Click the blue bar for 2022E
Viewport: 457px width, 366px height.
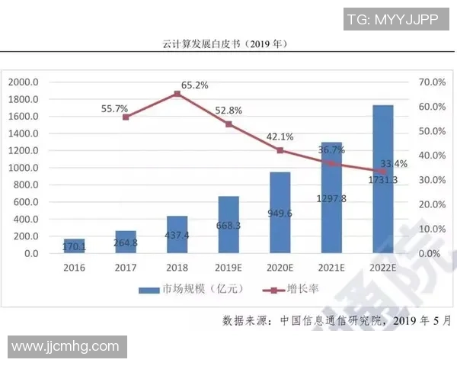point(383,178)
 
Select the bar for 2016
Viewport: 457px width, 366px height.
point(75,246)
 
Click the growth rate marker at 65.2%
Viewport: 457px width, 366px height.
point(177,94)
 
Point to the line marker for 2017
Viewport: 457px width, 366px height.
point(126,117)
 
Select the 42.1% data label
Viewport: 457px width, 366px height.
point(279,137)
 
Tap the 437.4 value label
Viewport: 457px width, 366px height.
point(177,237)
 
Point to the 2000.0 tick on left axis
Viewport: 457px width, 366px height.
point(24,82)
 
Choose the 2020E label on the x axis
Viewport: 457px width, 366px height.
point(280,268)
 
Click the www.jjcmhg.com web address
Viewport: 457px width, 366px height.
point(65,347)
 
